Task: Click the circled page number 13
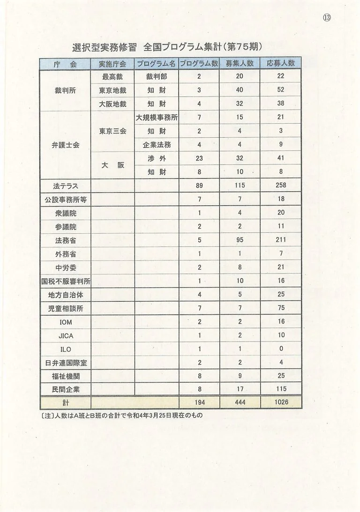pos(327,17)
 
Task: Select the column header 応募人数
pos(280,63)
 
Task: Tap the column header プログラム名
pos(157,63)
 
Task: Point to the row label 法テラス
pos(66,186)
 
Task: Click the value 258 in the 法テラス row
pos(281,186)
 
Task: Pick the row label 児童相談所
pos(66,309)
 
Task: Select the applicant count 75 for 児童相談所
pos(281,309)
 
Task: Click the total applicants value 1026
pos(281,402)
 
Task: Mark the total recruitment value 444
pos(240,402)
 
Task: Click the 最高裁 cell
pos(112,76)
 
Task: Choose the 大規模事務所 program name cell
pos(157,118)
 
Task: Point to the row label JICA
pos(66,336)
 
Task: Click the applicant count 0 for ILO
pos(281,349)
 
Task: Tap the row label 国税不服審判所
pos(66,282)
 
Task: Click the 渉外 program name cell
pos(157,159)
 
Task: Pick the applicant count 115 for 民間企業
pos(281,389)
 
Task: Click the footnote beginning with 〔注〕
pos(122,415)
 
